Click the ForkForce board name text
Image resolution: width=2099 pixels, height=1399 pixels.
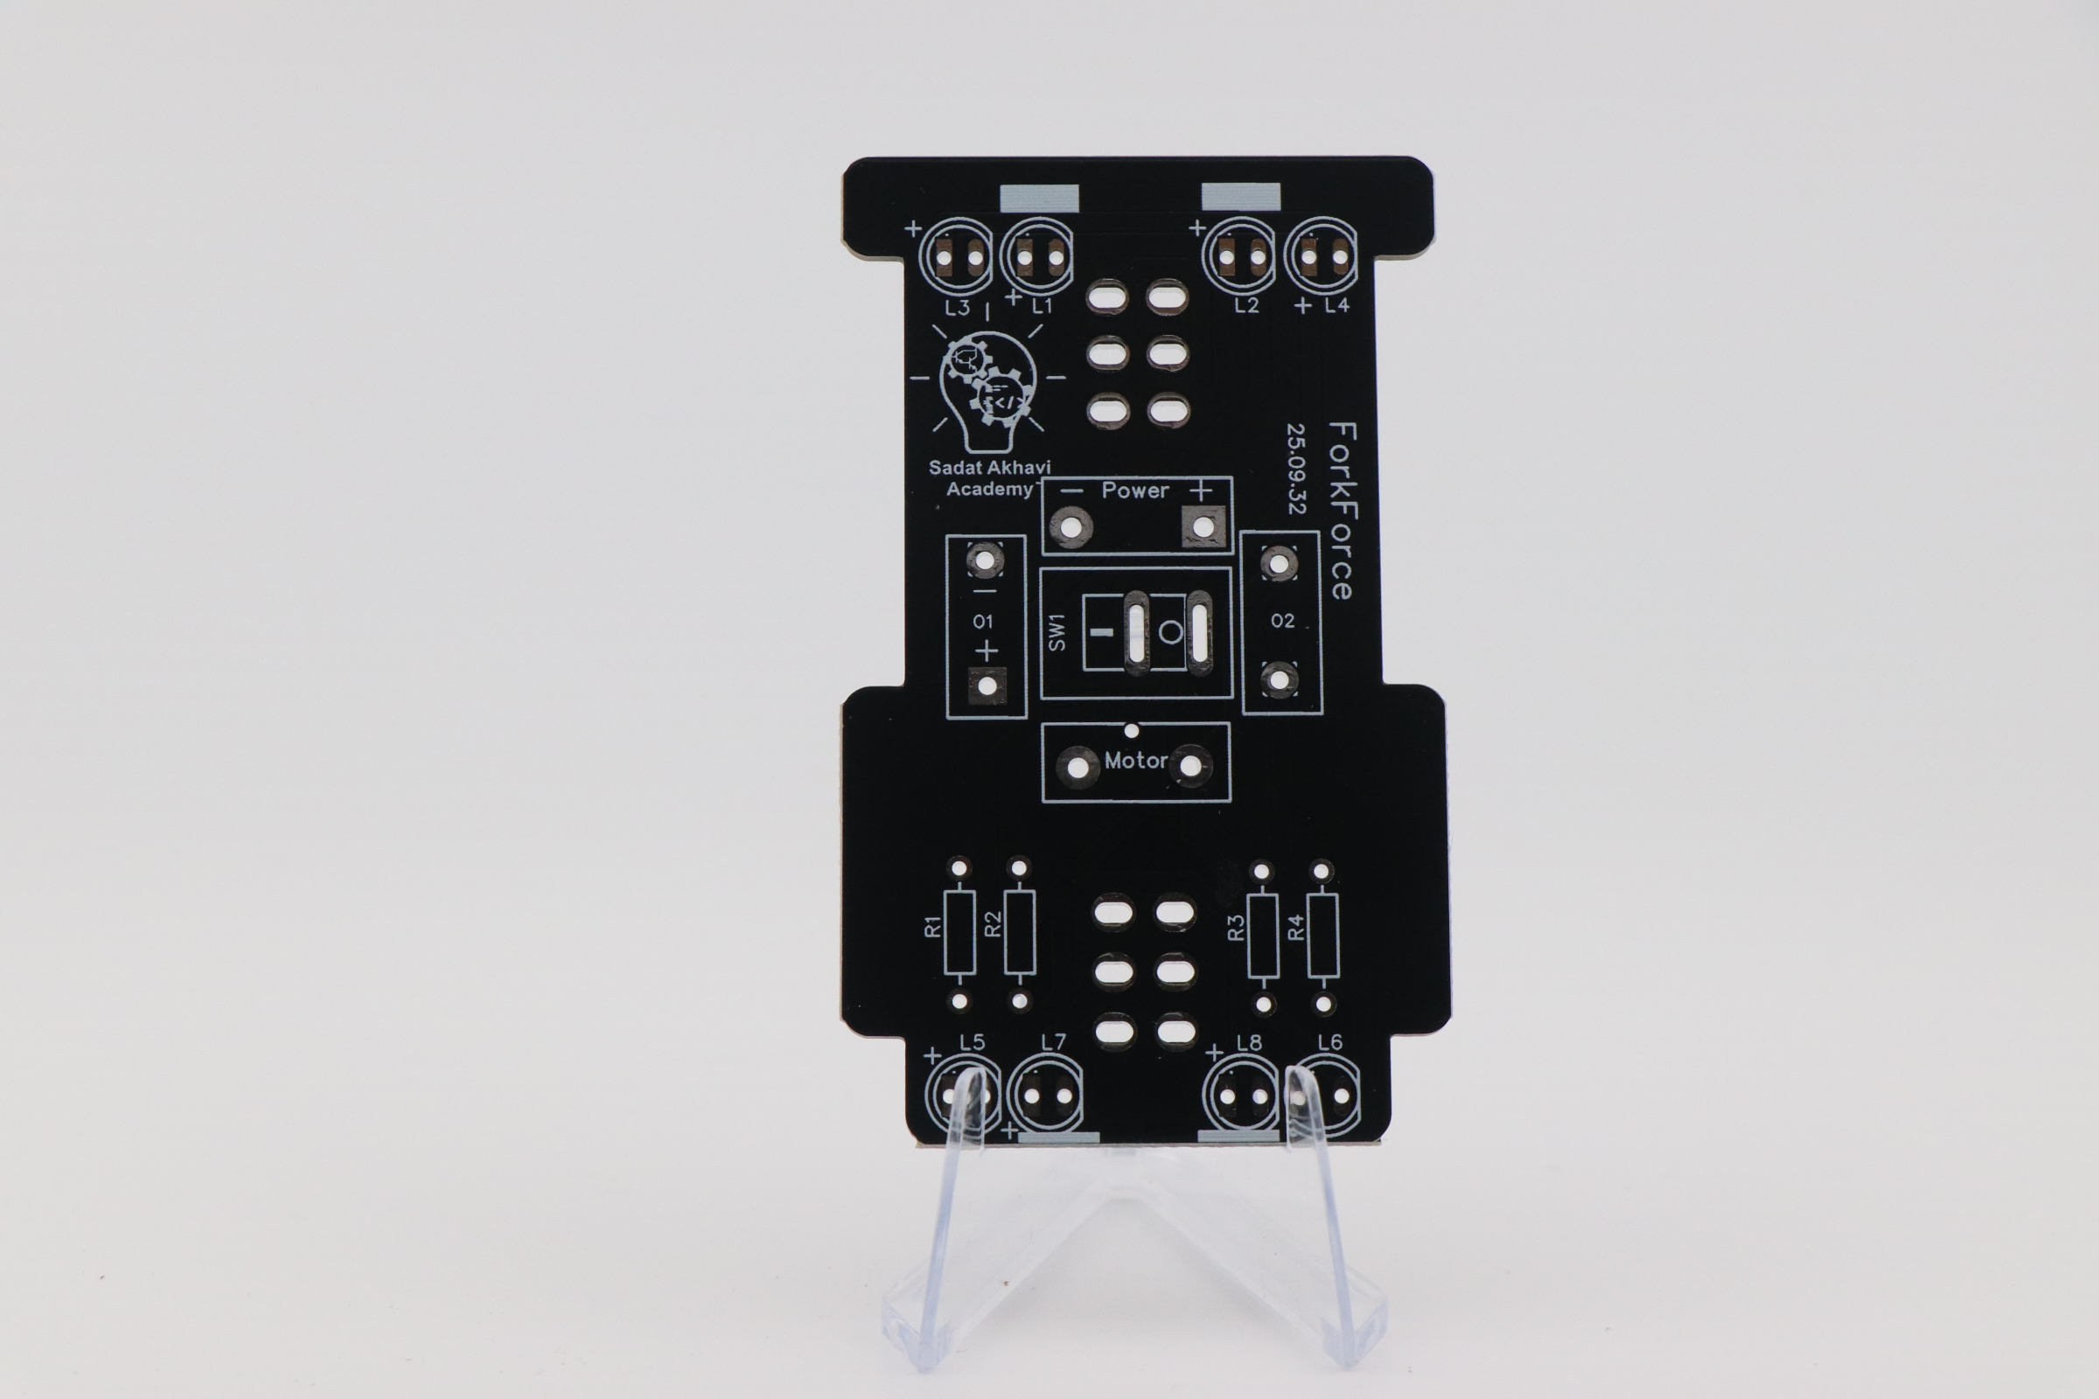[x=1342, y=511]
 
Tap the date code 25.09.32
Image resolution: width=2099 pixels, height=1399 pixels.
[x=1296, y=469]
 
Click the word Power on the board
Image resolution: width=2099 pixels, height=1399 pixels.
[x=1135, y=490]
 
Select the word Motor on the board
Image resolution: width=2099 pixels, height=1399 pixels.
[x=1136, y=760]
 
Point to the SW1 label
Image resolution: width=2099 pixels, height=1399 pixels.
[x=1056, y=631]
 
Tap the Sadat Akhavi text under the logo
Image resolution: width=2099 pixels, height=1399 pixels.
[x=990, y=467]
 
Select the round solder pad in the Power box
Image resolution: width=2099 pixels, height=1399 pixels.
[x=1070, y=526]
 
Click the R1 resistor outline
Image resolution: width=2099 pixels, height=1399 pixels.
[x=960, y=932]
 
